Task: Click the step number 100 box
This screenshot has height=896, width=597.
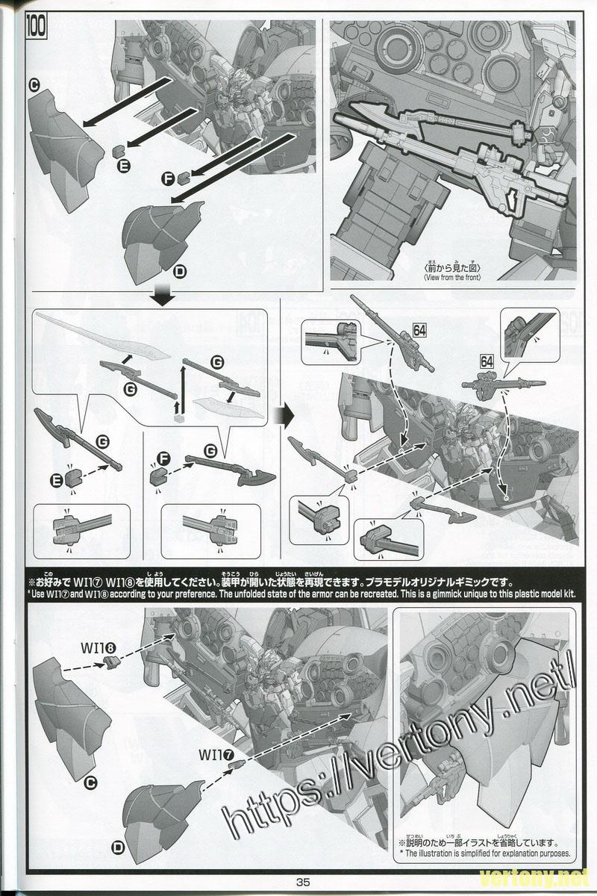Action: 37,28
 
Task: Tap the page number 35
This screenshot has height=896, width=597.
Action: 302,881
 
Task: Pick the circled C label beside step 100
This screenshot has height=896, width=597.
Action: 34,86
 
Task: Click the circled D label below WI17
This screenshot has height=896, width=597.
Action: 118,847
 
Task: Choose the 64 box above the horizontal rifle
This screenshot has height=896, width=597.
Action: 487,361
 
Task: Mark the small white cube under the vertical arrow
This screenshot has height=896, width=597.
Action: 179,418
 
